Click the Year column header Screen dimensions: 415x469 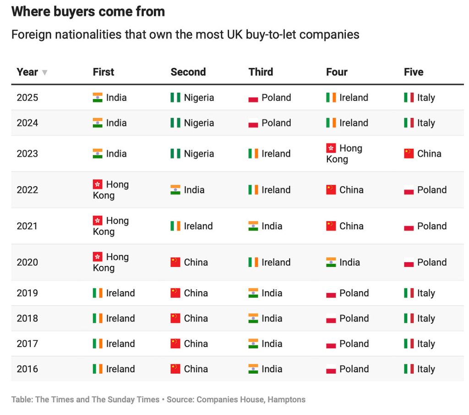coord(27,72)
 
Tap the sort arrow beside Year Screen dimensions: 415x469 coord(44,72)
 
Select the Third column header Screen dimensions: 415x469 coord(261,72)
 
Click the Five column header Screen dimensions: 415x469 coord(413,72)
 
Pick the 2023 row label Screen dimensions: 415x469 coord(27,154)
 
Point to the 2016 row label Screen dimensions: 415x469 coord(27,369)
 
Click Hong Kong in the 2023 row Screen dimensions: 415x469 coord(344,154)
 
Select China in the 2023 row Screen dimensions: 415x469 coord(429,154)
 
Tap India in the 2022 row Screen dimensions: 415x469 coord(194,190)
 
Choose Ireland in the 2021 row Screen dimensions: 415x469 coord(198,226)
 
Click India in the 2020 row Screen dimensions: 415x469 coord(349,262)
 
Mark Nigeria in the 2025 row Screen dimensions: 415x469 coord(199,98)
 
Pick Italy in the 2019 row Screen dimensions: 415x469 coord(426,293)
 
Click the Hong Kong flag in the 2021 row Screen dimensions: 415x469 coord(98,221)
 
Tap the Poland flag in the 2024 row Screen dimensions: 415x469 coord(253,123)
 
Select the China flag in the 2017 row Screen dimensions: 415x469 coord(175,343)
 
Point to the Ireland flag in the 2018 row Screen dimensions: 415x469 coord(98,318)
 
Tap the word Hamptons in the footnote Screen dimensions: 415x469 coord(286,399)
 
